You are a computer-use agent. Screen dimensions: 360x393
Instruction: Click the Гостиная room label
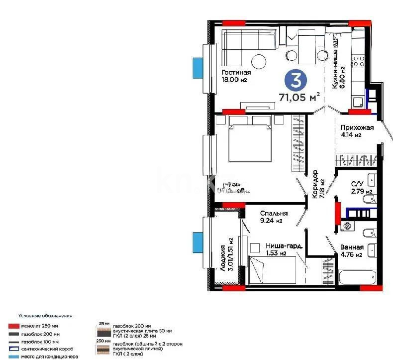pyautogui.click(x=236, y=72)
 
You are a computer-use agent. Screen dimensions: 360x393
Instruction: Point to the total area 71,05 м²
pyautogui.click(x=299, y=98)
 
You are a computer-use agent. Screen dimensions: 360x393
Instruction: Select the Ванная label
pyautogui.click(x=352, y=247)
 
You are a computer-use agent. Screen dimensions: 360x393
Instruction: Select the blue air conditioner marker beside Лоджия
pyautogui.click(x=197, y=241)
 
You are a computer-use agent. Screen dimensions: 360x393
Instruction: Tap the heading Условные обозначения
pyautogui.click(x=45, y=316)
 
